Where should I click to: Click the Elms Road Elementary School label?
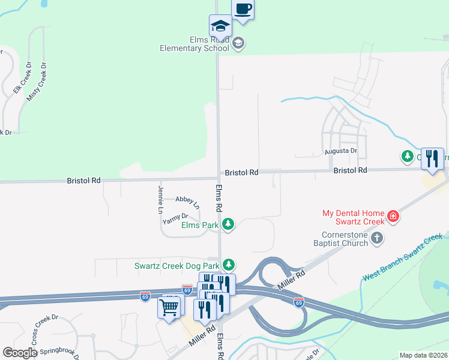coord(194,43)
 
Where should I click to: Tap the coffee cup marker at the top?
coord(243,10)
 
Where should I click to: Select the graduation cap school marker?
coord(220,26)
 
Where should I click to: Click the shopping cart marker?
coord(169,308)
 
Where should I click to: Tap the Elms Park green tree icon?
coord(228,224)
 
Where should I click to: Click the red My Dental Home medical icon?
coord(393,215)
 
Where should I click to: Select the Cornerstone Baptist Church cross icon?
coord(376,239)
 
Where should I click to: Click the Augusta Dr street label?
coord(340,151)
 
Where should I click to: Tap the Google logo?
coord(20,352)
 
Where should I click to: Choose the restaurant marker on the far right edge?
coord(432,158)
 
